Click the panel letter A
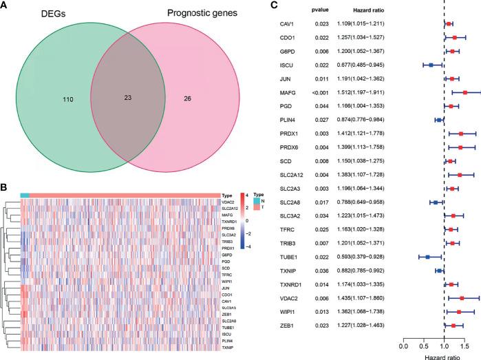click(x=5, y=6)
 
